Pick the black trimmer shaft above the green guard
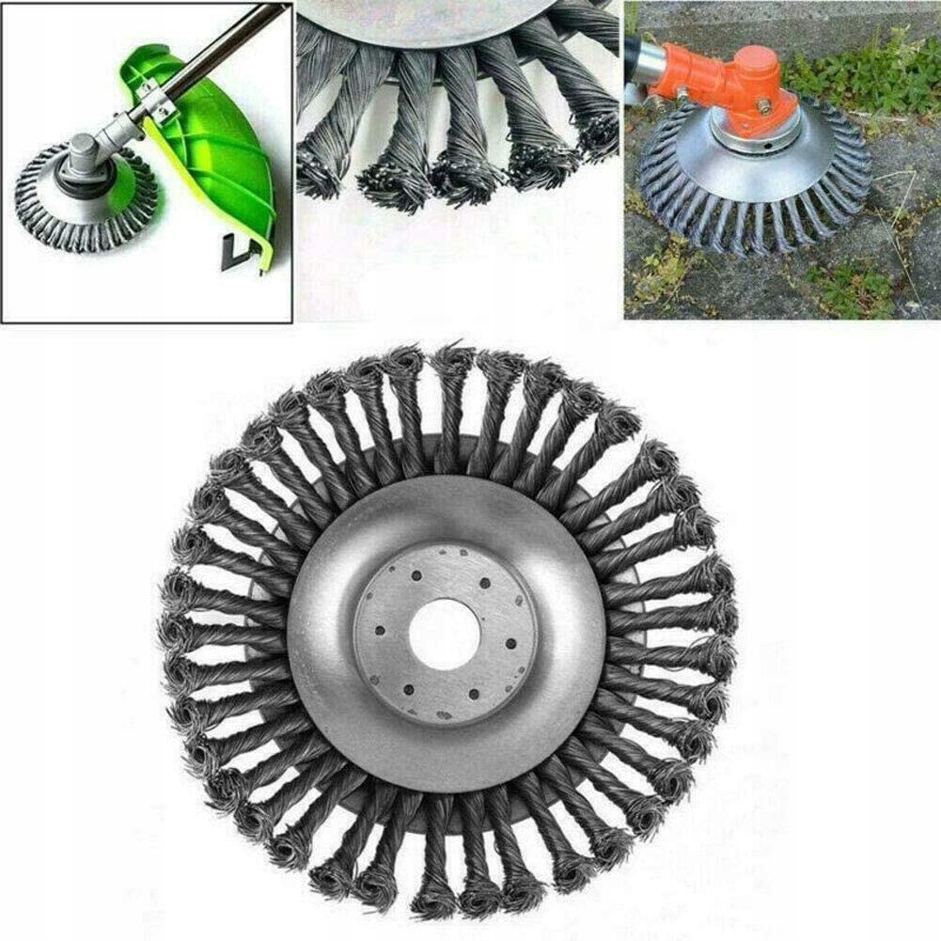click(x=216, y=47)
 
